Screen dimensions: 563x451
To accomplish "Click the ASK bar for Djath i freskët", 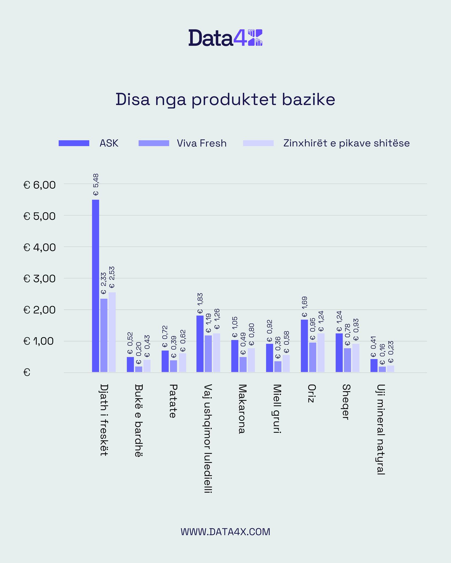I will click(x=96, y=286).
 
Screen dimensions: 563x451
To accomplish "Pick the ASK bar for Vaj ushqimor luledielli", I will click(x=200, y=344).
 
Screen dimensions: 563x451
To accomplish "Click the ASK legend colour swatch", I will click(x=74, y=143).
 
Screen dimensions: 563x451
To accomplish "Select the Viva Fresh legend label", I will click(x=202, y=143).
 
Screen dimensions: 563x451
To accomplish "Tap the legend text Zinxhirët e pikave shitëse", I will click(x=346, y=143).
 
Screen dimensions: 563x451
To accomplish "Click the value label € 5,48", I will click(x=96, y=184).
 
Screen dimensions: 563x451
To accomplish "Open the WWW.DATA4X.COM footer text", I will click(x=226, y=532).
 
